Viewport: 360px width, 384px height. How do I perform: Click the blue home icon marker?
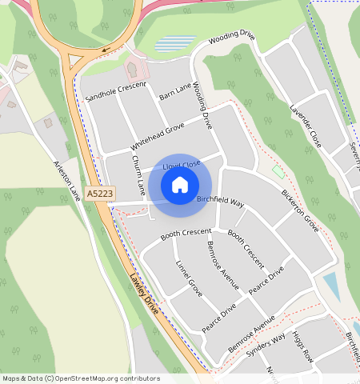click(x=180, y=185)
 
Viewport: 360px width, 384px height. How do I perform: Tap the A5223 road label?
click(x=100, y=194)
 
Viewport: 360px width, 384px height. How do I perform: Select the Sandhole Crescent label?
click(x=116, y=92)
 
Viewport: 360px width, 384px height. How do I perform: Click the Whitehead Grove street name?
click(x=157, y=138)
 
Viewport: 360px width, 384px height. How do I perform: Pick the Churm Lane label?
click(x=138, y=174)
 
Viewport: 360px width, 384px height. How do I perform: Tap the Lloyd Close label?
click(x=181, y=165)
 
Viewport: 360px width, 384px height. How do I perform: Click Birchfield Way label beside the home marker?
click(x=220, y=201)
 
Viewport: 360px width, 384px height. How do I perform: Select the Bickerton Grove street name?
click(x=300, y=211)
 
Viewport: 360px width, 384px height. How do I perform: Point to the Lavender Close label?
click(x=306, y=126)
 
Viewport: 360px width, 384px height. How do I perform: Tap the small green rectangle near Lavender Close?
click(x=278, y=172)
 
